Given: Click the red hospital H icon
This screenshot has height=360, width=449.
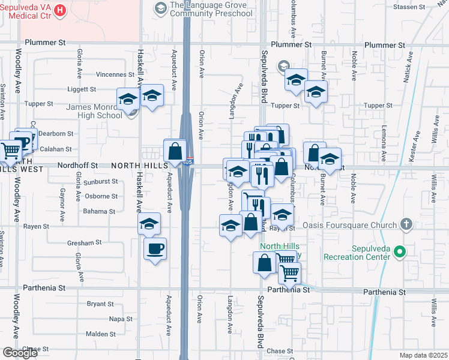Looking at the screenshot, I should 60,10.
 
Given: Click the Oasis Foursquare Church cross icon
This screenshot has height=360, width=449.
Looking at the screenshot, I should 406,225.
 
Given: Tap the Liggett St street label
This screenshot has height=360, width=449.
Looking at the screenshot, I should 82,89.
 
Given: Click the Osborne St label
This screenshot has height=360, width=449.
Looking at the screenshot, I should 101,196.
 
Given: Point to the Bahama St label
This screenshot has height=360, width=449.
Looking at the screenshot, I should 99,212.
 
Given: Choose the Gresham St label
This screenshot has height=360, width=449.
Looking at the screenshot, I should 85,243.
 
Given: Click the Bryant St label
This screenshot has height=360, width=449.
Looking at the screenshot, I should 96,304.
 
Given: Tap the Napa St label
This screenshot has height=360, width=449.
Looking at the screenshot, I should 121,319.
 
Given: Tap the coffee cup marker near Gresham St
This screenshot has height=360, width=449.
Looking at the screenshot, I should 155,248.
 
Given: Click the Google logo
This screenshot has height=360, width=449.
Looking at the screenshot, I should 20,353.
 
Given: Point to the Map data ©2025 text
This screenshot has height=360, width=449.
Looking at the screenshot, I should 423,355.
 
